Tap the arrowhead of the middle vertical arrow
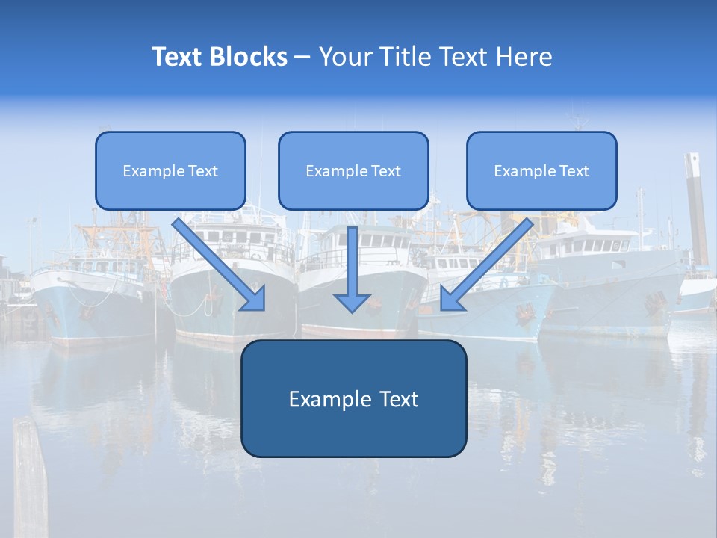pyautogui.click(x=352, y=302)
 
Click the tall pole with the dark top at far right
pyautogui.click(x=696, y=209)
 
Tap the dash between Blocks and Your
pyautogui.click(x=302, y=57)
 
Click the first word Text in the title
pyautogui.click(x=179, y=57)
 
